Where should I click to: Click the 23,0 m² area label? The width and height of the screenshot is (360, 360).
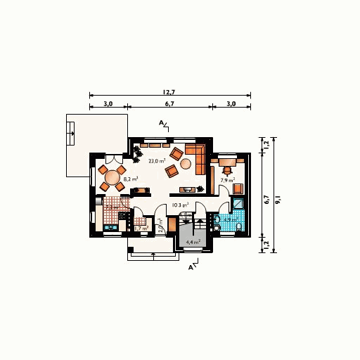pyautogui.click(x=156, y=161)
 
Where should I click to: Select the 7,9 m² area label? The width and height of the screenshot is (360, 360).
pyautogui.click(x=226, y=181)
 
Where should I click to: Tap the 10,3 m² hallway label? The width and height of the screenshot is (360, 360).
pyautogui.click(x=180, y=205)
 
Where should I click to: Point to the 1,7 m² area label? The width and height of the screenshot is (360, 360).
pyautogui.click(x=140, y=229)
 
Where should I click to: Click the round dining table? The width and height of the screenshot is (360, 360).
pyautogui.click(x=112, y=177)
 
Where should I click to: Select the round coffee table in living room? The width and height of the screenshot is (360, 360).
pyautogui.click(x=186, y=164)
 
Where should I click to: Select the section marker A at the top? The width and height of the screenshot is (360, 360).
pyautogui.click(x=162, y=124)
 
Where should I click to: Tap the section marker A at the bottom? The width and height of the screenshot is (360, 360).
pyautogui.click(x=191, y=267)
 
